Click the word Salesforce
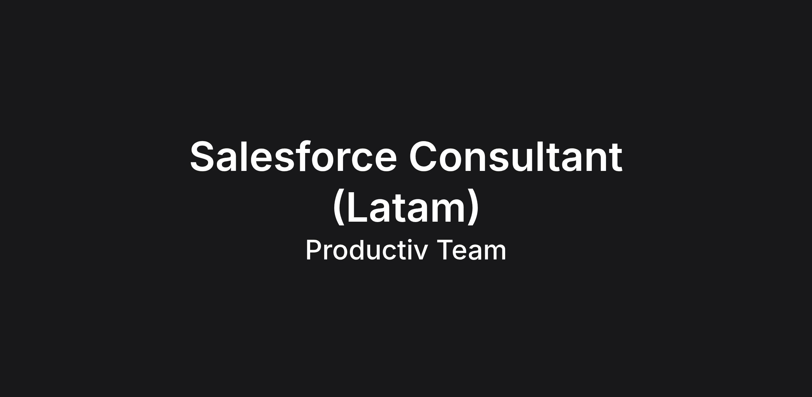(x=293, y=156)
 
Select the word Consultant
(x=516, y=156)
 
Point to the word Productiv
(x=366, y=250)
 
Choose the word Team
(x=471, y=250)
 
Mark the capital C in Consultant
(x=424, y=156)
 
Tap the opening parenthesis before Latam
(x=339, y=207)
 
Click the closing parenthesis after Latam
(x=474, y=207)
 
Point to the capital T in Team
(x=445, y=250)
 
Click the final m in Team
(x=495, y=252)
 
